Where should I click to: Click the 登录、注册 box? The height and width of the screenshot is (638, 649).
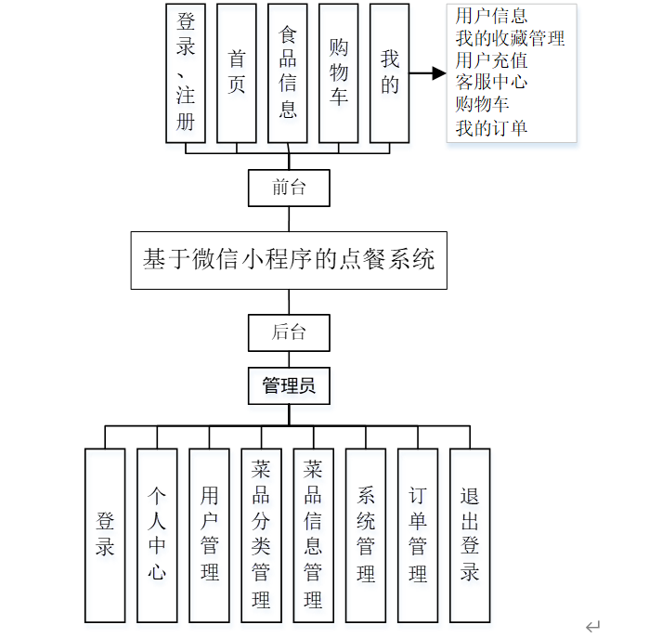(186, 72)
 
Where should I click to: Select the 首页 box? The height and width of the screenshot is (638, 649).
(237, 72)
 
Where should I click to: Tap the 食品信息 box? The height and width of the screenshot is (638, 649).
(288, 72)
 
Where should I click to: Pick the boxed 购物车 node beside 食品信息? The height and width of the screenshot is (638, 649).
(339, 72)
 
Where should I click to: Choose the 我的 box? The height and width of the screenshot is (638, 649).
(390, 72)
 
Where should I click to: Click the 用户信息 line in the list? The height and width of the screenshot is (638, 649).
(491, 16)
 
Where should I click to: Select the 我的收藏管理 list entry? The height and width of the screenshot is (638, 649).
(510, 38)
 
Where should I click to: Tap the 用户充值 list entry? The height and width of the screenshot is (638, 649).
(491, 60)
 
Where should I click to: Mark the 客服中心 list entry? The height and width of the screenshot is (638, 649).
(491, 83)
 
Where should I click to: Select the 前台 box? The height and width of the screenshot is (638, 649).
(289, 188)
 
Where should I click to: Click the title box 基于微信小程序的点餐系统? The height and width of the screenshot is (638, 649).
(289, 259)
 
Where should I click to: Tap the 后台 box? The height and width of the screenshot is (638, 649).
(289, 332)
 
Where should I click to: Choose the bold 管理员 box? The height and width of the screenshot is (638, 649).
(289, 385)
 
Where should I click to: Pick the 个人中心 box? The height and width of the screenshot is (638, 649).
(157, 535)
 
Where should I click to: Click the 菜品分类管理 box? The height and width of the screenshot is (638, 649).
(261, 535)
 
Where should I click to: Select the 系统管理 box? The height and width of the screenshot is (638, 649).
(366, 535)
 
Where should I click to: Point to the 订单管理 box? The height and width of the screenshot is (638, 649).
(418, 535)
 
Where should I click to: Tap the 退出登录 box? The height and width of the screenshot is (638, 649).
(470, 535)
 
